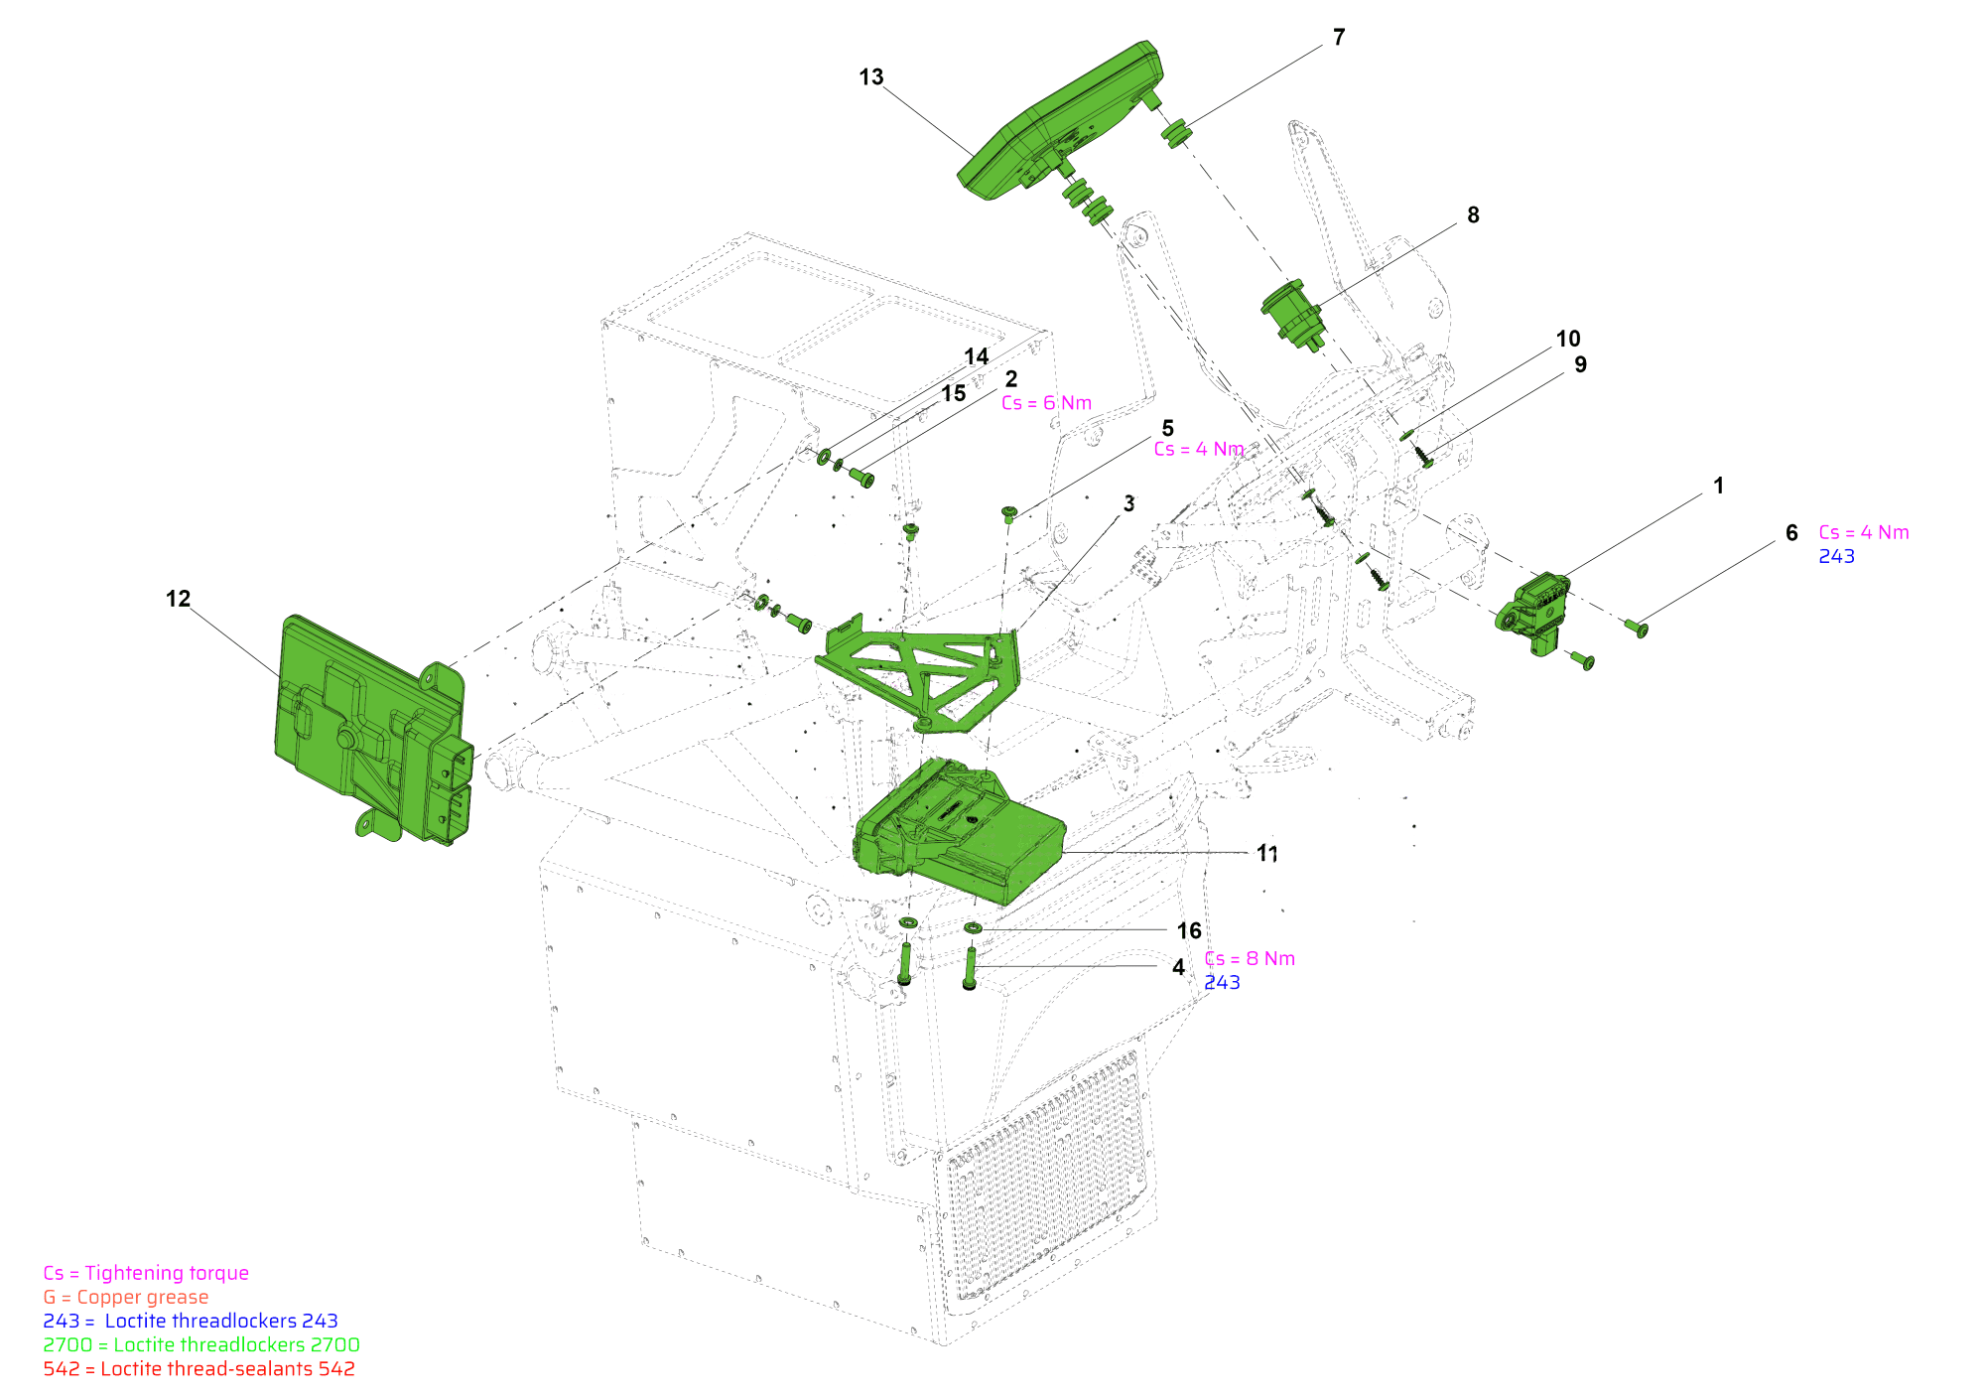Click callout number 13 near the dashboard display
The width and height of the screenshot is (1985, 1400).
(870, 77)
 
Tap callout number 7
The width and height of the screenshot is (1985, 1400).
(1339, 38)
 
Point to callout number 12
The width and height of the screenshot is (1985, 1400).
(178, 599)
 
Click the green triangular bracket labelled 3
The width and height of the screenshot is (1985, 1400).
(918, 675)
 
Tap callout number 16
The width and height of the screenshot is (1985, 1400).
(1189, 930)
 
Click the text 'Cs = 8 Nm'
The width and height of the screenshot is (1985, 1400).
(1250, 958)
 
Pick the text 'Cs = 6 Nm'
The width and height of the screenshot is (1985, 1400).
(1046, 403)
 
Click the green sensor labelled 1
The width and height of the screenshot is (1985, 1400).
(1533, 611)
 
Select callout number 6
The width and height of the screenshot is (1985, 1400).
(1791, 533)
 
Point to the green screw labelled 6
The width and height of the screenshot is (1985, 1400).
(1637, 628)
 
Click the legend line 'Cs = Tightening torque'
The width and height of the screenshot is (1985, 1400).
(146, 1273)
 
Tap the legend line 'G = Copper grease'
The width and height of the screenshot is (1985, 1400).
(126, 1297)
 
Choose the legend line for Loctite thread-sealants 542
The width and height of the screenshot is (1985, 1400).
(198, 1368)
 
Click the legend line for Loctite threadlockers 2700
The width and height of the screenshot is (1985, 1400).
(200, 1344)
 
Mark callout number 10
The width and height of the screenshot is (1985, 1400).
(1568, 339)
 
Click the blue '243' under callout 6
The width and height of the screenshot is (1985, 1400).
(1836, 556)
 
